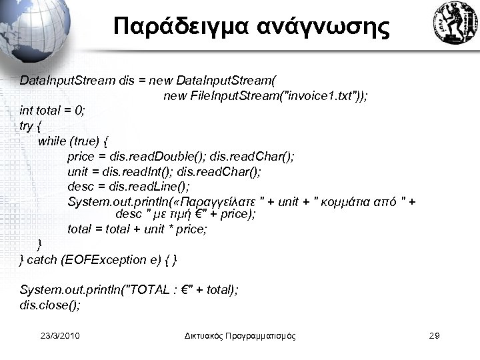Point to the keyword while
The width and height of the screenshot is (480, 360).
[53, 141]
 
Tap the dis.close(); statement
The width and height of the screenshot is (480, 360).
[51, 305]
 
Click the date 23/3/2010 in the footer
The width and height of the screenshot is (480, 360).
[60, 335]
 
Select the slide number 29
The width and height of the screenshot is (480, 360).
[433, 335]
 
